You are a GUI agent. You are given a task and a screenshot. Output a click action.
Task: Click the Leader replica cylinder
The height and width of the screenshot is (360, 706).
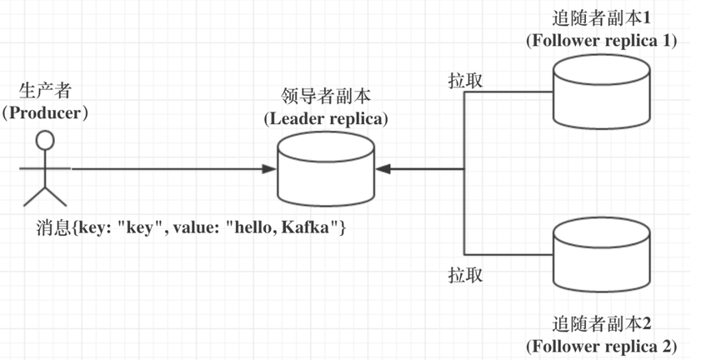(326, 169)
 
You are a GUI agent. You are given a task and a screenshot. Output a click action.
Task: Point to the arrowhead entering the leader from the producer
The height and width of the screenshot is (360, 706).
(268, 169)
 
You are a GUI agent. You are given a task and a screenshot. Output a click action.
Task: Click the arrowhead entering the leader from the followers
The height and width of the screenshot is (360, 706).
(383, 169)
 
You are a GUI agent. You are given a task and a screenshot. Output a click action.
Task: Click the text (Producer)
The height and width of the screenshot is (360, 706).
(45, 112)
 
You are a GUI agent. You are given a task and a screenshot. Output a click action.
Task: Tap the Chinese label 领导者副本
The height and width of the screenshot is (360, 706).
(325, 97)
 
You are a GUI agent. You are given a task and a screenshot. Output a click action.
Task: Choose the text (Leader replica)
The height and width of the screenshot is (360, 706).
(326, 118)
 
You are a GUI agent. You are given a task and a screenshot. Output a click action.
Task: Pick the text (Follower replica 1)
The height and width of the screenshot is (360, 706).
(601, 40)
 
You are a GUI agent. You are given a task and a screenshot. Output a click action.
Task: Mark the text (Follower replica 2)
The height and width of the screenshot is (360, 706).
(601, 344)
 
